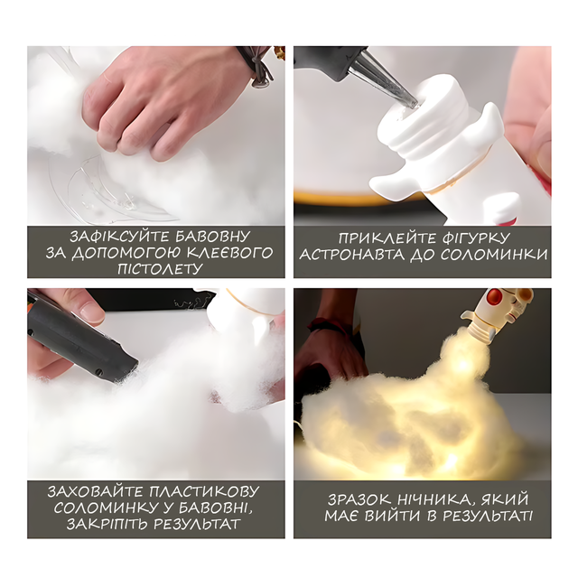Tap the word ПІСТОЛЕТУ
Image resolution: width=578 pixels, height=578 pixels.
(x=160, y=269)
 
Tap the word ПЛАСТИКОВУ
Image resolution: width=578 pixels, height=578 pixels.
(x=205, y=491)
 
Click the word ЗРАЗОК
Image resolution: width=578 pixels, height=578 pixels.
(x=359, y=499)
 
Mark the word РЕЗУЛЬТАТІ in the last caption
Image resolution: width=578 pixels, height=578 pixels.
(x=488, y=516)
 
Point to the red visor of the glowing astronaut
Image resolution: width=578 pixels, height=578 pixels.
(x=494, y=296)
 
